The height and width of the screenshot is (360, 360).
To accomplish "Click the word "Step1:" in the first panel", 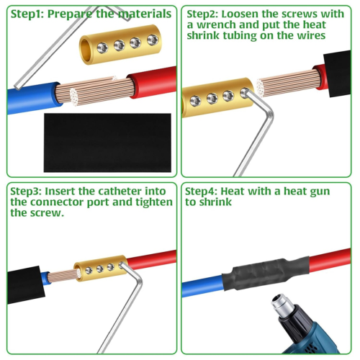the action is (x=27, y=14).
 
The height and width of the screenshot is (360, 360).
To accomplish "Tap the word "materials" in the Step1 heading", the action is (x=145, y=14).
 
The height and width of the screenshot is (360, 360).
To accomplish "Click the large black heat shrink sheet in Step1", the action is (x=107, y=143).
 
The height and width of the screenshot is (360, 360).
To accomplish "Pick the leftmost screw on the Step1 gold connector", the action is (x=102, y=48).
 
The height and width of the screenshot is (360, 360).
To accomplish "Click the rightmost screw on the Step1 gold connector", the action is (x=153, y=40).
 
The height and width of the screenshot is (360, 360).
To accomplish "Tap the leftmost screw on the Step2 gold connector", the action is (x=195, y=101).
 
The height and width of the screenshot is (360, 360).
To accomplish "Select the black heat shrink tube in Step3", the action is (x=26, y=285).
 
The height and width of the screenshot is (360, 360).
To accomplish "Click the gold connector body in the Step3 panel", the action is (x=100, y=269).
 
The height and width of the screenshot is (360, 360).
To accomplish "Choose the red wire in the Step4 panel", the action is (x=330, y=261).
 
